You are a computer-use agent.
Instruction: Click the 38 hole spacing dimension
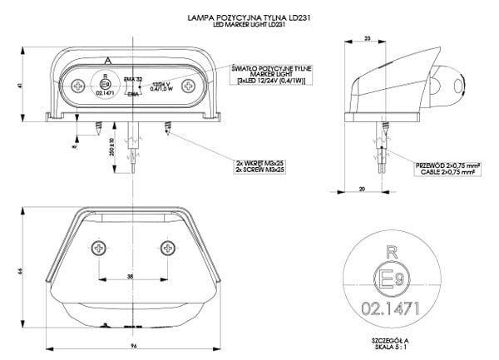131,275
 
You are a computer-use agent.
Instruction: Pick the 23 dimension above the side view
367,39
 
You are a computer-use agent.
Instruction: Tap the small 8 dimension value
74,146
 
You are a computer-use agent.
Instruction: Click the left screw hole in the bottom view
100,248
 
